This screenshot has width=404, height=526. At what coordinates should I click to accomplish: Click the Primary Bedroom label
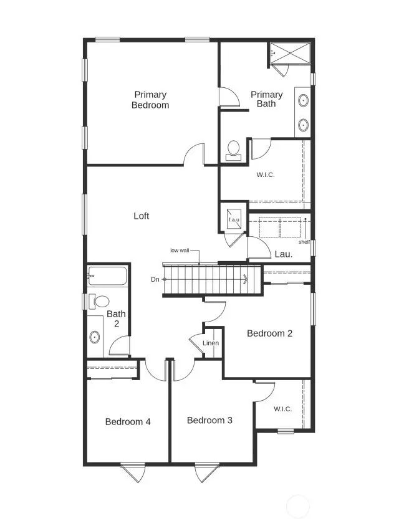(150, 100)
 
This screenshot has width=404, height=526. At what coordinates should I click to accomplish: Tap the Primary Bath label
(266, 99)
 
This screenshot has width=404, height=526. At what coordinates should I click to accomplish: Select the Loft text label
(142, 216)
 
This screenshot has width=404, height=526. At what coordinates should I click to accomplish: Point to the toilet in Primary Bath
(234, 150)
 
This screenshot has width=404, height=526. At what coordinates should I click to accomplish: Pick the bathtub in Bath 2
(107, 274)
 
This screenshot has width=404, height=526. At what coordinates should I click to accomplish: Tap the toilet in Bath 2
(97, 302)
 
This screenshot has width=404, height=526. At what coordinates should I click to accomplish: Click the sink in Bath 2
(95, 337)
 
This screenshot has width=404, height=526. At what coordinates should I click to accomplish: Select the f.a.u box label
(234, 220)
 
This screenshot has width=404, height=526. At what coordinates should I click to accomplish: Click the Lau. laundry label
(284, 254)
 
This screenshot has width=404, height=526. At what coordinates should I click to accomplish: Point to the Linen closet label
(211, 343)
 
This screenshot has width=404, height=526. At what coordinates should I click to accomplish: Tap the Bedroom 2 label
(269, 333)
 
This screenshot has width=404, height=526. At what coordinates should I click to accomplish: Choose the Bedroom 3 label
(209, 421)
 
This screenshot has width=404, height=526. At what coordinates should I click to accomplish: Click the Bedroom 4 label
(128, 422)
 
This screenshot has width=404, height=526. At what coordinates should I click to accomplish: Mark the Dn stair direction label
(155, 279)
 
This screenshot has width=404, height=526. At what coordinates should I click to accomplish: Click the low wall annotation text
(180, 251)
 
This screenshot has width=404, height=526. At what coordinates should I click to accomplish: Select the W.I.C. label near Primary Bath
(266, 175)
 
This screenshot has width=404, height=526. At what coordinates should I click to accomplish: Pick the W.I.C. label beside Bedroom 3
(282, 409)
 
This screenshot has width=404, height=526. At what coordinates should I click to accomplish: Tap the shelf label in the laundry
(304, 242)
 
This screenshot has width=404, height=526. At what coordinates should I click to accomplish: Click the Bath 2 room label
(116, 319)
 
